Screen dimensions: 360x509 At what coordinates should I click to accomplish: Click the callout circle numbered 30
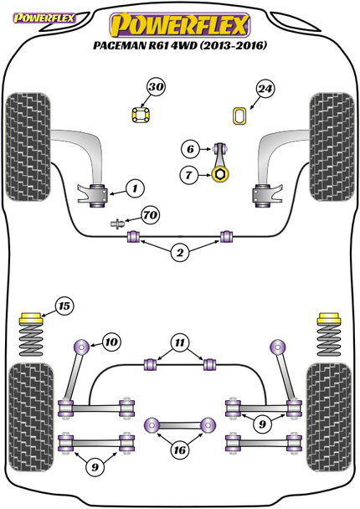click(x=156, y=87)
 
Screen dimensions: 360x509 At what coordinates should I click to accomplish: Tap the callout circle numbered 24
click(x=265, y=89)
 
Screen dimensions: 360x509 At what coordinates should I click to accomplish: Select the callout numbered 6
click(x=190, y=149)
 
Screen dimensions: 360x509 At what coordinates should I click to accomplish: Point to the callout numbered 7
click(x=188, y=175)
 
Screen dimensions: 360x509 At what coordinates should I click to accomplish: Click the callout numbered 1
click(x=135, y=188)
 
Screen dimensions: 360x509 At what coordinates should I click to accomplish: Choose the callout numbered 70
click(x=151, y=215)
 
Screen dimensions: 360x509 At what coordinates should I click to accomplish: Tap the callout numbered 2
click(x=179, y=253)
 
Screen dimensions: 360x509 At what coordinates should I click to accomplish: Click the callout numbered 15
click(x=64, y=306)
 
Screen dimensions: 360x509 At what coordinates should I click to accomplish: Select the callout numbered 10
click(x=111, y=342)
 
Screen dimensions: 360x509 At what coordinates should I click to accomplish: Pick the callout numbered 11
click(x=179, y=342)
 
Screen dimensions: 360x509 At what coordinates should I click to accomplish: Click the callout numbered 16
click(x=179, y=450)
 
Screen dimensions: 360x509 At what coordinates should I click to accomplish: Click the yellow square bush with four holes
click(x=141, y=116)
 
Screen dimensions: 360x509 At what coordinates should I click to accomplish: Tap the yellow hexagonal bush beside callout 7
click(x=220, y=175)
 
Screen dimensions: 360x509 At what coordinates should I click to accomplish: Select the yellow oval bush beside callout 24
click(x=240, y=116)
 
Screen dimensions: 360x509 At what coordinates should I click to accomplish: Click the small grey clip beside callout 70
click(x=117, y=224)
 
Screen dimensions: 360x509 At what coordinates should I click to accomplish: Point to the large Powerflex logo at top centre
click(x=179, y=25)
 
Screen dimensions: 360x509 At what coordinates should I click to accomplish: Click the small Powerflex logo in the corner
click(x=44, y=18)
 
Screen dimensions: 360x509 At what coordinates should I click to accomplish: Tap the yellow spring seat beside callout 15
click(x=31, y=318)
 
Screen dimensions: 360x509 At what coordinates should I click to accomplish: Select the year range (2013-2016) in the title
click(x=233, y=45)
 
